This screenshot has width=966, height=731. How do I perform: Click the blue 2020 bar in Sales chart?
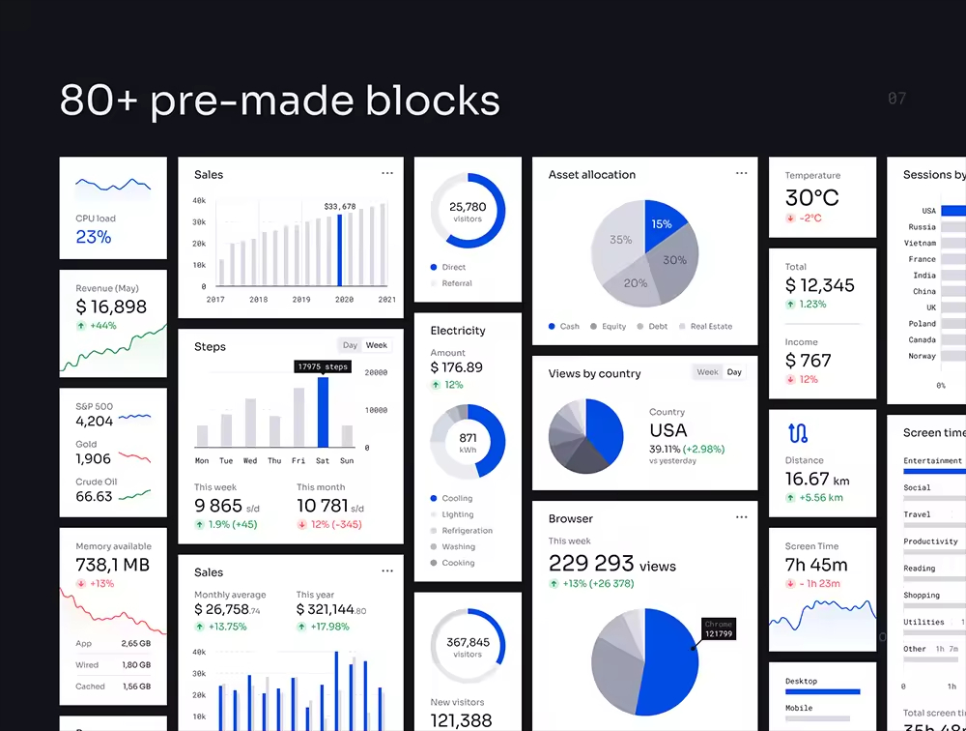pyautogui.click(x=340, y=249)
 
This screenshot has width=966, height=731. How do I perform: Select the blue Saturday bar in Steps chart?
pyautogui.click(x=323, y=412)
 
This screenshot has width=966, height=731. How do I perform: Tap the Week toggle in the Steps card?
pyautogui.click(x=377, y=345)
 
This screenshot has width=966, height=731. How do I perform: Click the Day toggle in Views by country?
pyautogui.click(x=734, y=372)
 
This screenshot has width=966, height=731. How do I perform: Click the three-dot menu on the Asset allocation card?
pyautogui.click(x=741, y=174)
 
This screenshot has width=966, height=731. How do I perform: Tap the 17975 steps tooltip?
pyautogui.click(x=323, y=367)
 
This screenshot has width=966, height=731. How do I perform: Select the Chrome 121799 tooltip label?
pyautogui.click(x=719, y=629)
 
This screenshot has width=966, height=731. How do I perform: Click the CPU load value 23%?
pyautogui.click(x=94, y=237)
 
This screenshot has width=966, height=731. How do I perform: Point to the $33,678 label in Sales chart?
pyautogui.click(x=340, y=207)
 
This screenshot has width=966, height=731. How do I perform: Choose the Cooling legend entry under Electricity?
pyautogui.click(x=457, y=499)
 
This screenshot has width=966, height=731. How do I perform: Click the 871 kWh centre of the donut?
pyautogui.click(x=468, y=443)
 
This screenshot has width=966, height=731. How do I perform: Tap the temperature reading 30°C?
pyautogui.click(x=811, y=198)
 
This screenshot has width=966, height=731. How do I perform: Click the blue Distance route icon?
pyautogui.click(x=797, y=433)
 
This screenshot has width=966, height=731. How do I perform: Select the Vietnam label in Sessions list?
pyautogui.click(x=920, y=243)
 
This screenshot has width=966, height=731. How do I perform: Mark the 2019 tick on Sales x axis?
pyautogui.click(x=301, y=300)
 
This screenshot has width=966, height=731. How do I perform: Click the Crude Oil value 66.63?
pyautogui.click(x=94, y=497)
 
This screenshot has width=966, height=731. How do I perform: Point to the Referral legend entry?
pyautogui.click(x=456, y=283)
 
